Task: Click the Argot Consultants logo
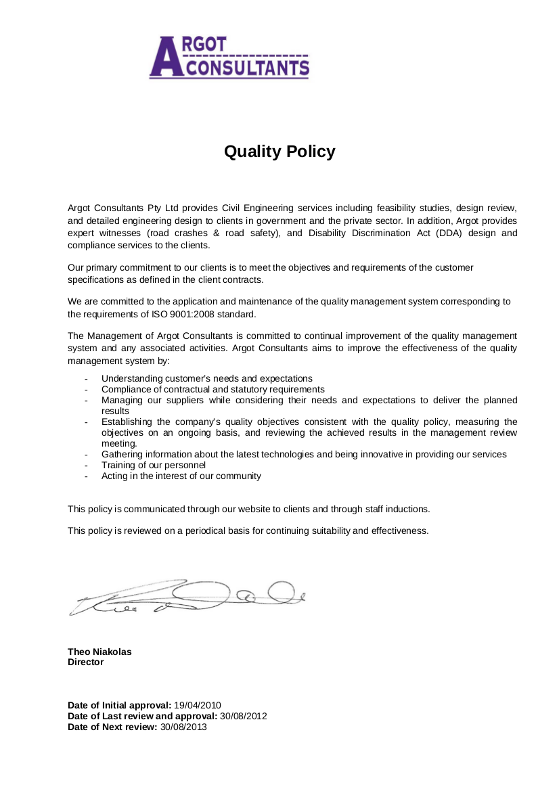point(229,58)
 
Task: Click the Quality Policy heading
point(279,151)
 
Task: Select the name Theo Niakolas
point(99,652)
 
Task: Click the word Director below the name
point(86,662)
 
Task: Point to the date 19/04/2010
point(198,705)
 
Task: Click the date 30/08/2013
point(183,727)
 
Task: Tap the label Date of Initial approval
point(119,705)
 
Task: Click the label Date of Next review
point(112,727)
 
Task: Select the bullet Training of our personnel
point(154,466)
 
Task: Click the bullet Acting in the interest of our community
point(181,476)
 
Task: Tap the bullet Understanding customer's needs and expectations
point(206,379)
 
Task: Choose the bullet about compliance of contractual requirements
point(213,390)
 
